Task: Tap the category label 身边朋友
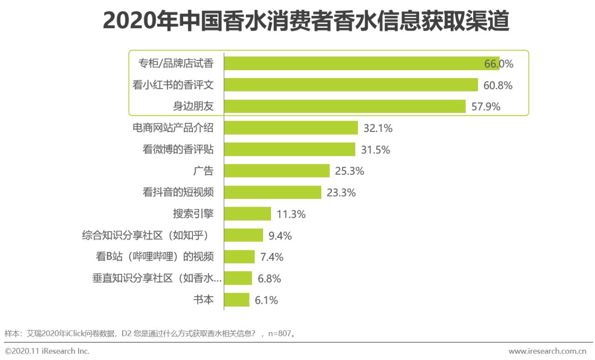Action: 193,106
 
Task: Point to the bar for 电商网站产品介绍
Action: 291,128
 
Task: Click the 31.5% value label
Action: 376,150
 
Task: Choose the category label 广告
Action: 203,171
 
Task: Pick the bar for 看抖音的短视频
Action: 272,192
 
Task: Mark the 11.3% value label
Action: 291,214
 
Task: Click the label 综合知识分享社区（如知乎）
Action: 148,236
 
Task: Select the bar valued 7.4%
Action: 239,257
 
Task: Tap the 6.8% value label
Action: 269,279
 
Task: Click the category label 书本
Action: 203,300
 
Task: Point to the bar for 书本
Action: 237,300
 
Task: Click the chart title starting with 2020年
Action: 305,22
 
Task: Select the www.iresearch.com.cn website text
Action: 547,351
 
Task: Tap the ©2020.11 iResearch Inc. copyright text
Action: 47,351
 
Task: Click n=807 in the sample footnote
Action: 280,334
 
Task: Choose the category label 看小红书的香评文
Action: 173,85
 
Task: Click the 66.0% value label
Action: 499,64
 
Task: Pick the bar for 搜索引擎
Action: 247,214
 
